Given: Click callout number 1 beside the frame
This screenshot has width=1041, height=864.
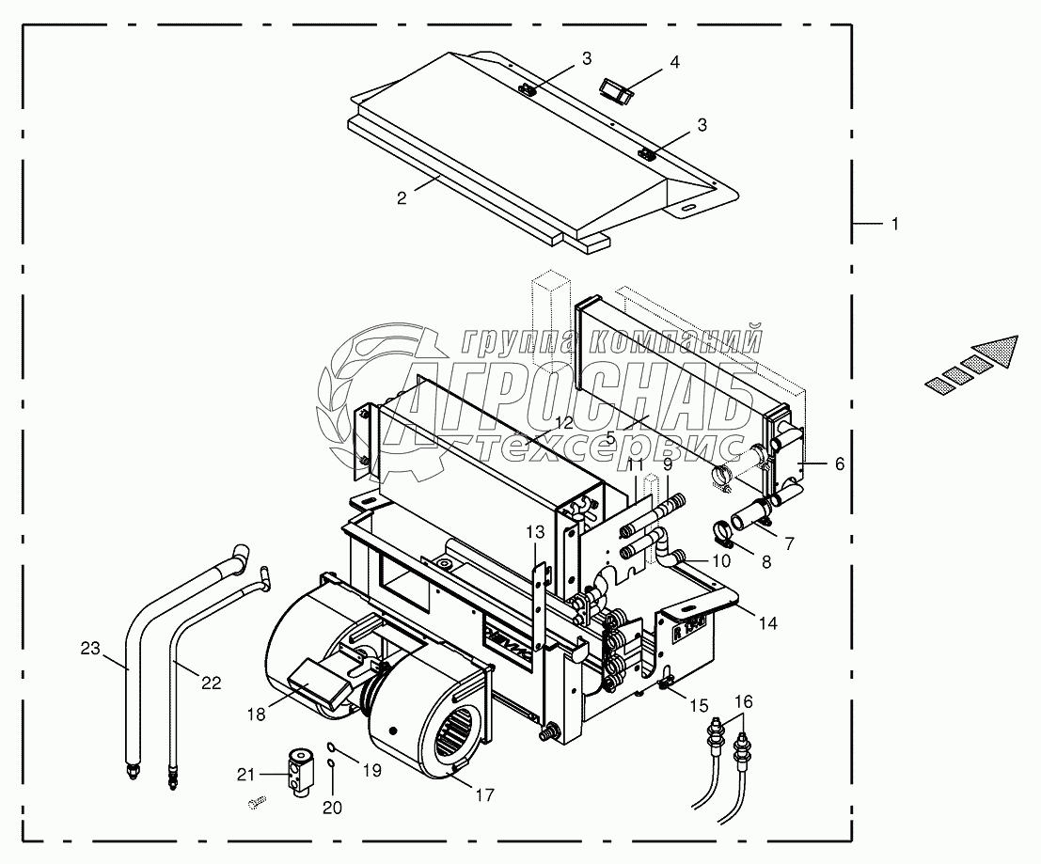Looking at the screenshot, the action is (x=895, y=225).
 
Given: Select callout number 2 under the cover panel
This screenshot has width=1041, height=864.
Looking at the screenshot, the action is (x=402, y=197).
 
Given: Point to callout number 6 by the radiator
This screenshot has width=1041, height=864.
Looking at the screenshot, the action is (x=840, y=463).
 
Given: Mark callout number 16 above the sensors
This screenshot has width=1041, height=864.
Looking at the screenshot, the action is (x=743, y=700).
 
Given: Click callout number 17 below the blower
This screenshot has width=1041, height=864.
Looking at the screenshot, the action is (x=484, y=795).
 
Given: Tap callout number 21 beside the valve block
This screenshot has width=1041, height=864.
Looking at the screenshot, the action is (x=245, y=774).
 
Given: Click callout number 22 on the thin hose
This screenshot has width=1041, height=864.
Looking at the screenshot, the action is (x=211, y=683).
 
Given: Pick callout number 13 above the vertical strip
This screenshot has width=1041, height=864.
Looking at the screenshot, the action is (x=534, y=532).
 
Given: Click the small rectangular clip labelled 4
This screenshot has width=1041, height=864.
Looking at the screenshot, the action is (x=615, y=92).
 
